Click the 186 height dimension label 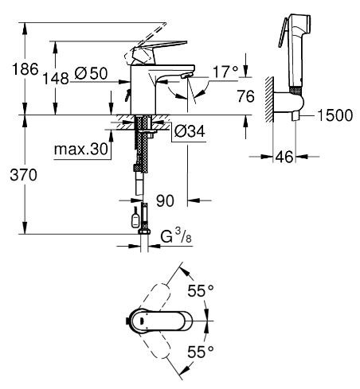25,69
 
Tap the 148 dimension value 56,79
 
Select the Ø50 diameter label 91,73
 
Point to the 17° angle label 225,72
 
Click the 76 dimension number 245,96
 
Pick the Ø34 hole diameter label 190,131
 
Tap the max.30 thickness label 81,150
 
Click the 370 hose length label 23,175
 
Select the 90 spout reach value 165,200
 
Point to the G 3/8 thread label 176,236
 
